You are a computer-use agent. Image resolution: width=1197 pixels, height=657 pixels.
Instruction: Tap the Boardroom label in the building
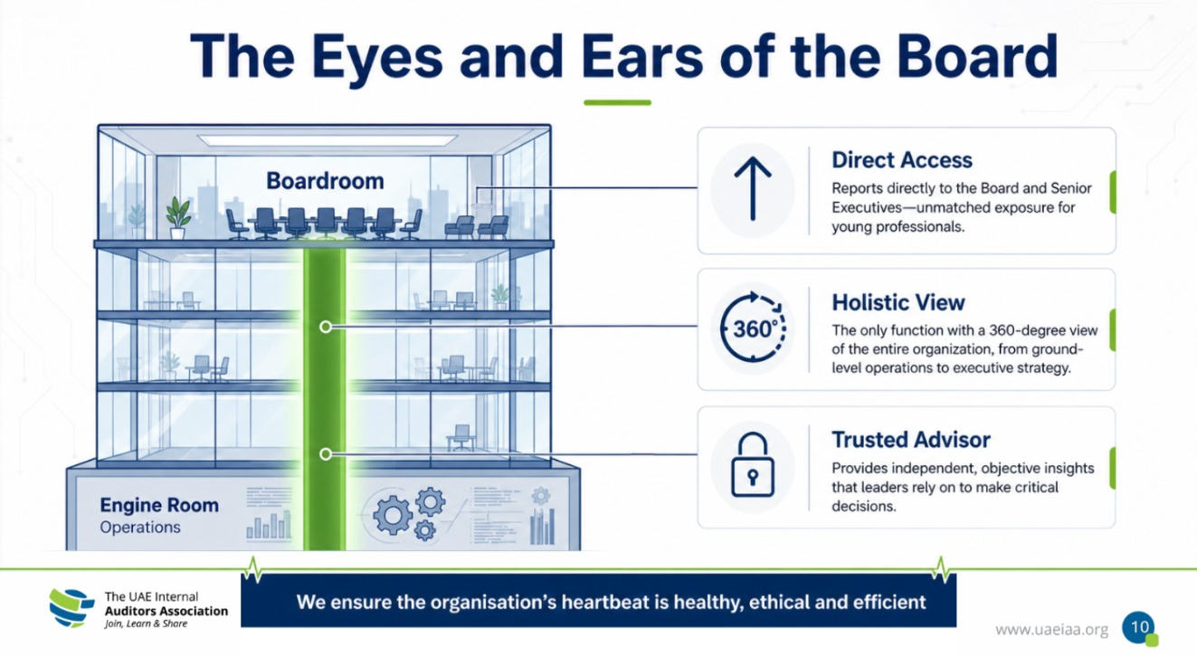(x=325, y=181)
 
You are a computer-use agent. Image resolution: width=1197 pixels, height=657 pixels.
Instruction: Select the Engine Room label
(x=159, y=505)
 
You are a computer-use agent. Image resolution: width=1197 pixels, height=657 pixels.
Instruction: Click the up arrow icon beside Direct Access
(x=753, y=189)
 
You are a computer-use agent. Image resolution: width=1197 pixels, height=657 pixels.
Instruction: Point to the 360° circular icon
(x=753, y=328)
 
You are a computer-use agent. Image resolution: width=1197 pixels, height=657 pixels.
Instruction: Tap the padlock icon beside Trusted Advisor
(x=753, y=464)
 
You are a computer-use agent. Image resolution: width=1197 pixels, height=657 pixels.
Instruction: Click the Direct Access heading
(x=902, y=160)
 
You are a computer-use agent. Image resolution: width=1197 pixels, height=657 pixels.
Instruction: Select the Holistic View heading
(x=898, y=302)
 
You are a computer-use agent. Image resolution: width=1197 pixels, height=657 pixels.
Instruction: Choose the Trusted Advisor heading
(x=911, y=440)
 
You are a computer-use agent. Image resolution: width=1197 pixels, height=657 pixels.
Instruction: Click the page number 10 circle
(x=1138, y=628)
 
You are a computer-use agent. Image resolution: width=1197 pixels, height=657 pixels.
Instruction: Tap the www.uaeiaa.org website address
(x=1051, y=630)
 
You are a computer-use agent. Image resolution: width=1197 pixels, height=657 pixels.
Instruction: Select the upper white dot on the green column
(x=326, y=328)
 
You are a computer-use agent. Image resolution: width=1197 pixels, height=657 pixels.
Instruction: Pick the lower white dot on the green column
(x=326, y=454)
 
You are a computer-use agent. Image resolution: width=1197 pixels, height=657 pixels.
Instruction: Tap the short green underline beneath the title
(x=617, y=102)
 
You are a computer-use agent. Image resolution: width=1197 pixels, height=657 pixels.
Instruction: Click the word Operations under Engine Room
(x=140, y=528)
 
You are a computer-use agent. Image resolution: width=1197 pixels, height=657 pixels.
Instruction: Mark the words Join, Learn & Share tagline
(x=146, y=624)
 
